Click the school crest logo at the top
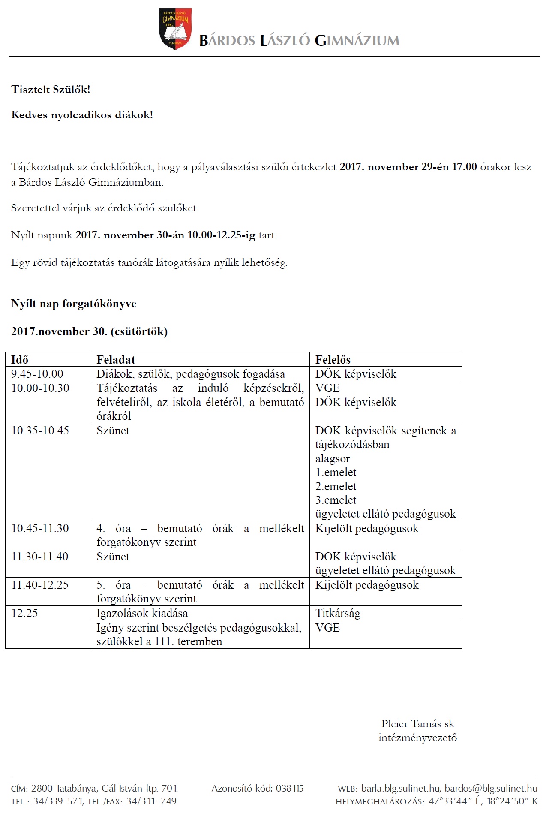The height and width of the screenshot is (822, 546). click(x=174, y=29)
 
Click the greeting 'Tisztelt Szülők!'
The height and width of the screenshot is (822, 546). click(x=51, y=90)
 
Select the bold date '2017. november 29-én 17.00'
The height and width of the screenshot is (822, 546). click(x=408, y=167)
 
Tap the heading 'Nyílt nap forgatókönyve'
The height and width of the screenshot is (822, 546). click(x=74, y=304)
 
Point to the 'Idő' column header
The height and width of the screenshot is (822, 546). click(x=20, y=360)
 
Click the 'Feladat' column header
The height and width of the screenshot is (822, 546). click(x=116, y=360)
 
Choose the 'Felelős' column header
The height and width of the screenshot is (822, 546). click(x=333, y=360)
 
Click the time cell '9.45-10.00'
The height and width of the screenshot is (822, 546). click(x=37, y=374)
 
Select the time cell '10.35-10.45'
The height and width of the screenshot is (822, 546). click(x=40, y=431)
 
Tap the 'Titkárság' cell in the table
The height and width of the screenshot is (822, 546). click(x=338, y=613)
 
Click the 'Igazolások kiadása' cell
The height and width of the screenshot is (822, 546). click(x=142, y=613)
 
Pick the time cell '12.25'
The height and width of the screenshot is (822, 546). click(x=24, y=613)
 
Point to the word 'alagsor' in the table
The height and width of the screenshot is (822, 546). click(x=333, y=458)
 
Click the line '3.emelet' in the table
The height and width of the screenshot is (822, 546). click(x=336, y=500)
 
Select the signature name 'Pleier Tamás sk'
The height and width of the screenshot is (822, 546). click(x=417, y=724)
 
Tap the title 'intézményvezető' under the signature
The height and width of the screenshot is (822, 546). click(x=417, y=738)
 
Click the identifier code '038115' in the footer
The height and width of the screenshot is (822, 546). click(x=290, y=788)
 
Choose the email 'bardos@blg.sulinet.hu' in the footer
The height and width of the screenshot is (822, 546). click(x=491, y=788)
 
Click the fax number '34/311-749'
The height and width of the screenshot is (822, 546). click(x=151, y=801)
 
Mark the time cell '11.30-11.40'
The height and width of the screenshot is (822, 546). click(x=40, y=557)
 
